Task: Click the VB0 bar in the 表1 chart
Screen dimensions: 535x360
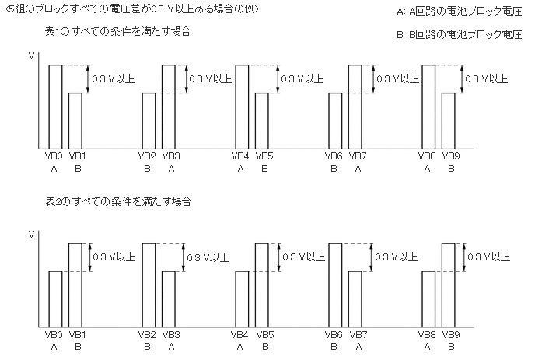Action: (x=55, y=107)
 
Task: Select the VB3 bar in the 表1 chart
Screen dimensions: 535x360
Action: (x=168, y=107)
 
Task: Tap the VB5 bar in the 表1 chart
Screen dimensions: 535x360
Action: (x=262, y=121)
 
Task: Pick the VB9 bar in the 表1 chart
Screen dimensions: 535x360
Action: (x=449, y=121)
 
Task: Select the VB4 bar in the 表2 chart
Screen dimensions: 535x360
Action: (x=243, y=299)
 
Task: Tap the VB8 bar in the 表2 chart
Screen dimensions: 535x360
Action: (x=428, y=299)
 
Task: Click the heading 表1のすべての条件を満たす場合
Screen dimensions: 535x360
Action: (x=118, y=32)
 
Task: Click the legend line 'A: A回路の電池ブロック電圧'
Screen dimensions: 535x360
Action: (x=459, y=12)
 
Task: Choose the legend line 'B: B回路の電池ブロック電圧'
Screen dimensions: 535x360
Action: (x=459, y=35)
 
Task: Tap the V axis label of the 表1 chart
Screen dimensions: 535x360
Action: (x=31, y=56)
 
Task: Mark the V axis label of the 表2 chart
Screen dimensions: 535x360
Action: (x=31, y=234)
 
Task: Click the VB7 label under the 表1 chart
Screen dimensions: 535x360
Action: (x=358, y=156)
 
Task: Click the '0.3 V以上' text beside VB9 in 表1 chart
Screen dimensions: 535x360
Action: (x=486, y=79)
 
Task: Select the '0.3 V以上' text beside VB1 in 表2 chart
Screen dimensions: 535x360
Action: (x=114, y=257)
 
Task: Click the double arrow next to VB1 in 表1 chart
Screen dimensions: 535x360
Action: (x=88, y=79)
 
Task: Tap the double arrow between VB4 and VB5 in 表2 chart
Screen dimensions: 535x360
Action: (x=277, y=257)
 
